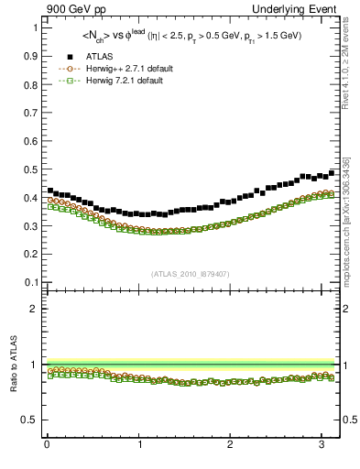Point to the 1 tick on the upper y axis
click(x=34, y=27)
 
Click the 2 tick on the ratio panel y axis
click(x=34, y=309)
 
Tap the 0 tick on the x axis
click(x=47, y=445)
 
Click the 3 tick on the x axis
click(x=324, y=445)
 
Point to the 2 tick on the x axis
click(x=232, y=445)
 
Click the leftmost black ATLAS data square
click(x=50, y=191)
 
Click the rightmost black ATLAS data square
click(x=332, y=172)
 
